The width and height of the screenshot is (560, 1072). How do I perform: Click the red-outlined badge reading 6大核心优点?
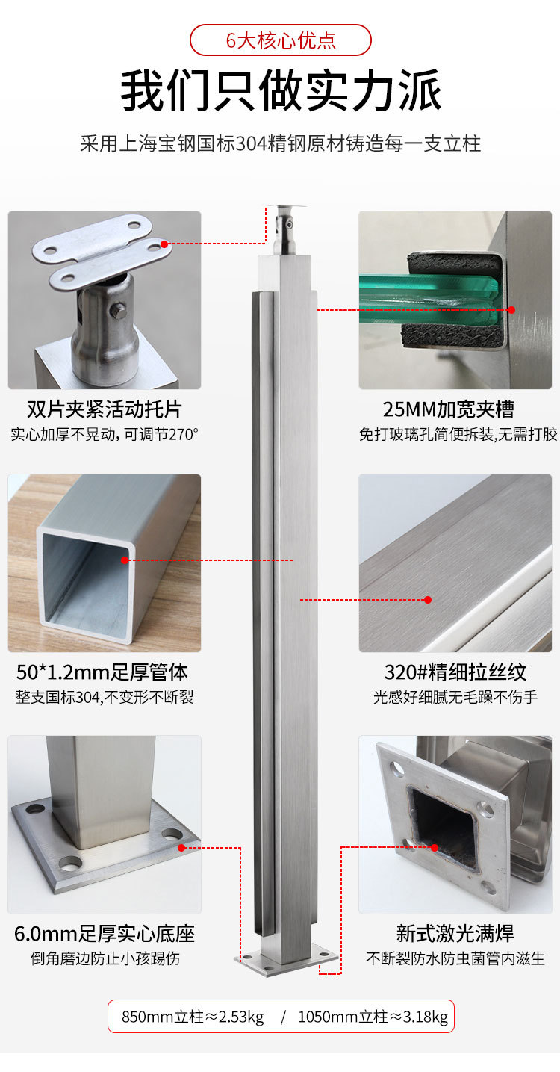coord(280,40)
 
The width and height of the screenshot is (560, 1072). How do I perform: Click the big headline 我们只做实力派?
coord(281,91)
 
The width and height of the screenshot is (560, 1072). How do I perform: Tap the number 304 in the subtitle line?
coord(252,143)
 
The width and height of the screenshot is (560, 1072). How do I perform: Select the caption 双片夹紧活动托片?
coord(105,409)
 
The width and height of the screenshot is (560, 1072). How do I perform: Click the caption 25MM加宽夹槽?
coord(448,409)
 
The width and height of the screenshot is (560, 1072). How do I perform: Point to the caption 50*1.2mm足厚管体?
coord(102,672)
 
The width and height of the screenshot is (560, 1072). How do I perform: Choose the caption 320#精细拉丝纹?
coord(455,672)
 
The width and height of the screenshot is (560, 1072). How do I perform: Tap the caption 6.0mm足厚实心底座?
coord(105,934)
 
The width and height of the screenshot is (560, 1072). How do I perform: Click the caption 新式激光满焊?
coord(455,934)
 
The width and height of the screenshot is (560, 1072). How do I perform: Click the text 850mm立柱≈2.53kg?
coord(193,1017)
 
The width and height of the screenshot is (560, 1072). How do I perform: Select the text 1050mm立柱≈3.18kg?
coord(373,1017)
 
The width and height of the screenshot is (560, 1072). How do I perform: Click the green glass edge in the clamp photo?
coord(430,292)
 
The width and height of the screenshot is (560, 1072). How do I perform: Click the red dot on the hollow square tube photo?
coord(125,560)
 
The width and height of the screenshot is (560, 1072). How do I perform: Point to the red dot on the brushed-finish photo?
coord(428,600)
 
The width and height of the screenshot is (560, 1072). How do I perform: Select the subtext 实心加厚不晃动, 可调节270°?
coord(105,434)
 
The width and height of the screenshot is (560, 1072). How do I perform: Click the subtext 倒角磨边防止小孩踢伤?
coord(105,958)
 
